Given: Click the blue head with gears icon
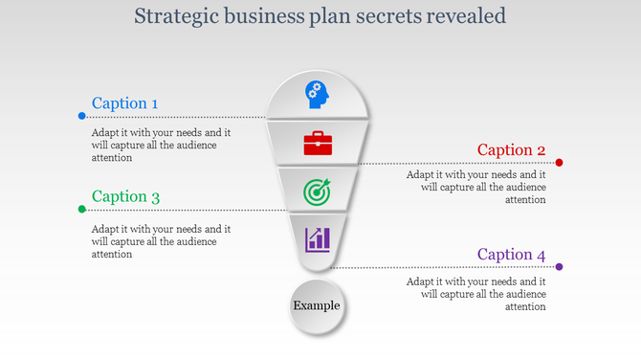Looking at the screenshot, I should coord(317,93).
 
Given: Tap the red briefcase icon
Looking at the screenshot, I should coord(317,144).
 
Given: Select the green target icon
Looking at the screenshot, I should coord(317,191).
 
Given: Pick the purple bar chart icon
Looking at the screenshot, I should coord(318,238).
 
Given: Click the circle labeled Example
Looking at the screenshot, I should coord(316,306).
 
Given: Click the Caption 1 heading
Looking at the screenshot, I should coord(125,103).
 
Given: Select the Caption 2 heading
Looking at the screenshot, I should coord(511,150).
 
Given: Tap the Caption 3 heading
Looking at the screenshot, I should coord(125,197).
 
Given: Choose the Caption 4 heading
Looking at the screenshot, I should coord(511,255).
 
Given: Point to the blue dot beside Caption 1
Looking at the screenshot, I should coord(82,116).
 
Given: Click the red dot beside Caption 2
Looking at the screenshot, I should coord(560,163).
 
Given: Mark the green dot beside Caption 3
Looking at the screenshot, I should coord(82,209).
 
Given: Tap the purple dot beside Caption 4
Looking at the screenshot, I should coord(560,267).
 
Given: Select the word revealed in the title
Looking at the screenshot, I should coord(467,16).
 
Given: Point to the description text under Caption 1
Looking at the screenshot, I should coord(161,146).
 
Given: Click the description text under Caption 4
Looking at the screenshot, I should coord(475,294).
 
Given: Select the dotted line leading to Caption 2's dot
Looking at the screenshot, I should coord(450,163).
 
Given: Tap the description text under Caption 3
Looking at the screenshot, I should coord(161,241).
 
